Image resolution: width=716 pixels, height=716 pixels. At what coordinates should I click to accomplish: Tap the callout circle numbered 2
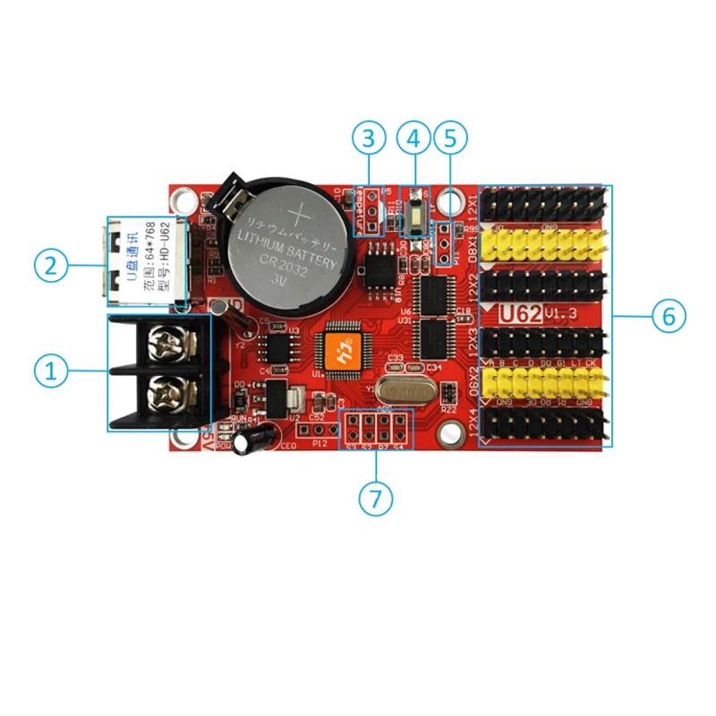coord(50,264)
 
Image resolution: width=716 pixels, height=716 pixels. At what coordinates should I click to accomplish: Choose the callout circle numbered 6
coord(668,316)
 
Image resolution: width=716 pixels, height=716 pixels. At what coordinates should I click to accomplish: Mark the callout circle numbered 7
coord(376,499)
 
